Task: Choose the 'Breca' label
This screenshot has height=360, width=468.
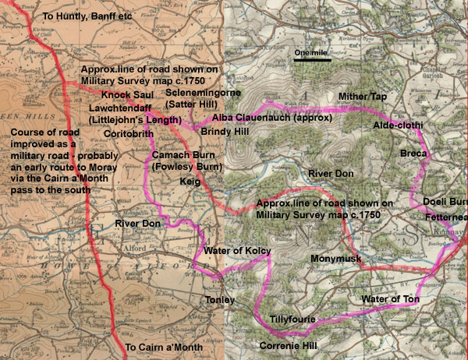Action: pos(413,154)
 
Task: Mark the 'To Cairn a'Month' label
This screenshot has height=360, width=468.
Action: pos(164,347)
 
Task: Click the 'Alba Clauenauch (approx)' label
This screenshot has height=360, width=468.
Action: pos(272,118)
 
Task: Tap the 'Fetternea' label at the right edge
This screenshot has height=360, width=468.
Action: pos(447,218)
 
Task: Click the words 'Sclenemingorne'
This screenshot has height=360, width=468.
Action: pos(205,92)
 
